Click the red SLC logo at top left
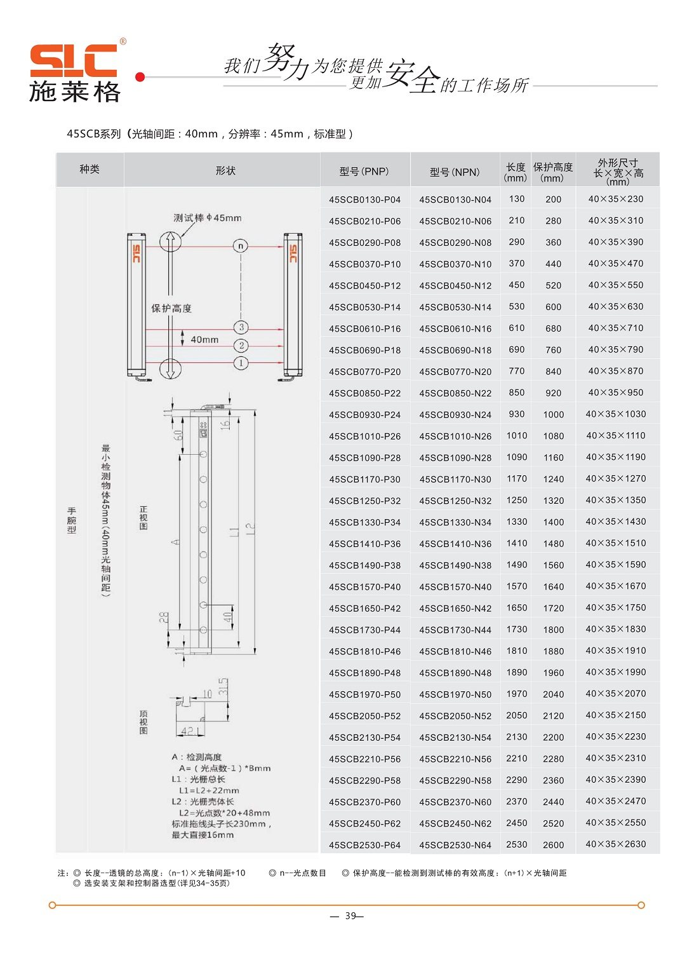coord(73,60)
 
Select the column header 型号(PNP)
coord(364,172)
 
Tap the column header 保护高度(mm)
coord(552,172)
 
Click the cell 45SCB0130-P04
coord(364,199)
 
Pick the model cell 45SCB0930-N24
coord(455,415)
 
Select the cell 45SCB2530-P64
coord(364,845)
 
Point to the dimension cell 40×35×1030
coord(616,414)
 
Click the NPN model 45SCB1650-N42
coord(455,609)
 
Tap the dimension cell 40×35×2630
coord(616,844)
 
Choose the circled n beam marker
coord(241,247)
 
